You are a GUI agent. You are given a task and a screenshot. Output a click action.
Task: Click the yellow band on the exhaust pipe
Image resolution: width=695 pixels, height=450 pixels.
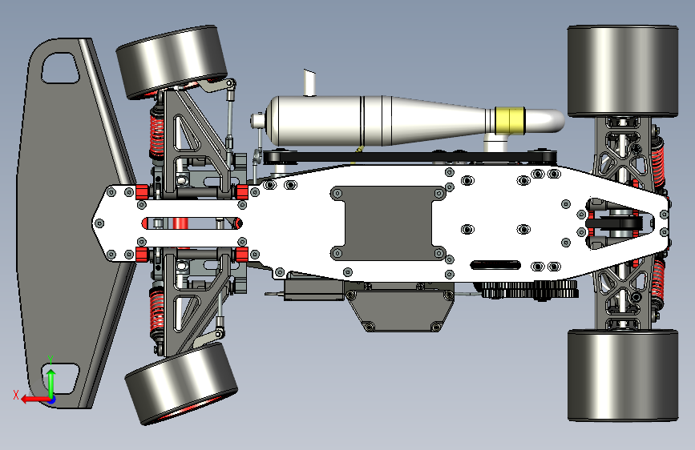[x=510, y=120]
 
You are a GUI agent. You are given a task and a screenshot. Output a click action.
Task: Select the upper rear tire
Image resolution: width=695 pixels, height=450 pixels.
[x=623, y=71]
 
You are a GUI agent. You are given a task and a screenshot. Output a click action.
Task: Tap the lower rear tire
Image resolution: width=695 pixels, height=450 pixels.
[x=623, y=376]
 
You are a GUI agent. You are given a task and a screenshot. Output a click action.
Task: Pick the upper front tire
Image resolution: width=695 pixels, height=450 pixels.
[x=172, y=62]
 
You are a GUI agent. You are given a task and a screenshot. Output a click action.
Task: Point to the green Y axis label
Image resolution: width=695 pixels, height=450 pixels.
[x=51, y=360]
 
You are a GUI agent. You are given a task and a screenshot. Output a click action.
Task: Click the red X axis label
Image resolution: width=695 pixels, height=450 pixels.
[x=16, y=395]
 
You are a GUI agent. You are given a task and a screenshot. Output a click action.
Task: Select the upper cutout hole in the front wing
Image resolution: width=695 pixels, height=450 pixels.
[x=60, y=68]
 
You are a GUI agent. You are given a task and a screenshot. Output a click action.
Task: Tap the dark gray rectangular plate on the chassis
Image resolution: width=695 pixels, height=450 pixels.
[x=388, y=223]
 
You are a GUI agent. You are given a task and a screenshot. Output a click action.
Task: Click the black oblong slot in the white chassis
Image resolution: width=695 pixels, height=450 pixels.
[x=495, y=265]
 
